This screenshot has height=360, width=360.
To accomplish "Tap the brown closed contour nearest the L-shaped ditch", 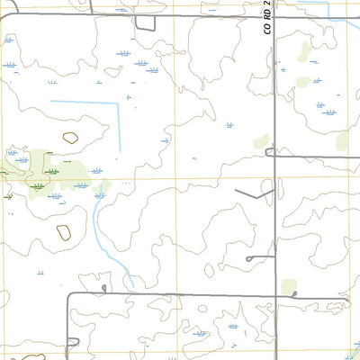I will (69, 138).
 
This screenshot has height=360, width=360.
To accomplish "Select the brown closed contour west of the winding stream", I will (64, 232).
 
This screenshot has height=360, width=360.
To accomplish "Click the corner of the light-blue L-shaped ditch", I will (118, 103).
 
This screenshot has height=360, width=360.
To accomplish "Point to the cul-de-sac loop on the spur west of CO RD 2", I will (248, 259).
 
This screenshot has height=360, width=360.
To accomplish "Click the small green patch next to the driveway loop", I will (288, 287).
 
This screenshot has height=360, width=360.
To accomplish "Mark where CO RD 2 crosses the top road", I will (274, 15).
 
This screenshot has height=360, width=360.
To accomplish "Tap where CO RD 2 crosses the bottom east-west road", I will (274, 292).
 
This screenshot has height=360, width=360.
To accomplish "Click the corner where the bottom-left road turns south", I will (69, 294).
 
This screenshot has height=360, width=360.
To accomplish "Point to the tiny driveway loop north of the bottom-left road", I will (105, 288).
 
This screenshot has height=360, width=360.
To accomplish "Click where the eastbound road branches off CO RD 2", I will (274, 154).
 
